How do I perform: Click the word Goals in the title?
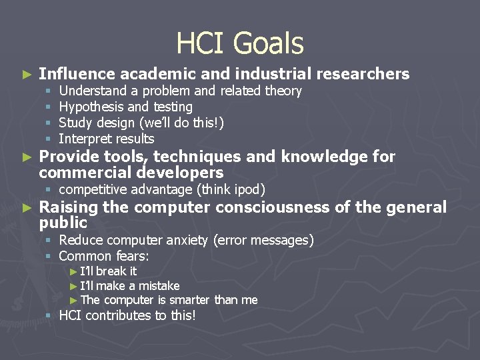point(271,44)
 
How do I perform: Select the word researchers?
point(363,74)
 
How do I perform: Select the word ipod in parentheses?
point(247,190)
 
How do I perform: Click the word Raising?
point(69,207)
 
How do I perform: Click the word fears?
point(132,256)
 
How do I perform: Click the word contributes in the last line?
point(117,316)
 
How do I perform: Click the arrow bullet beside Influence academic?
point(27,74)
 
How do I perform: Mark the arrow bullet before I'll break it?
point(73,271)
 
